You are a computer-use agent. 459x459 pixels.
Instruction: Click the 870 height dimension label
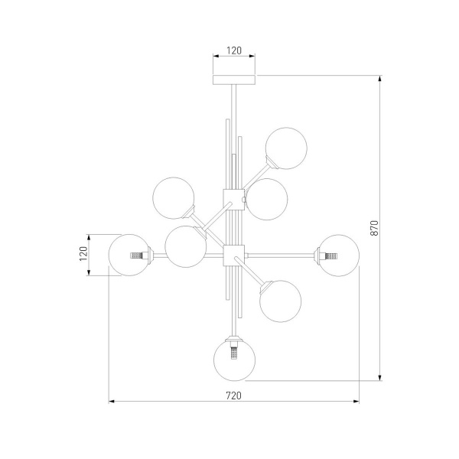point(374,228)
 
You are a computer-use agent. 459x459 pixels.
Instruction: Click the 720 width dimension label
point(234,396)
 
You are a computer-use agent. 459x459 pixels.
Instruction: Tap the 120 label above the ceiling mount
point(234,50)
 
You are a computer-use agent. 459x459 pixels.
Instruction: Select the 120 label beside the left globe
point(83,254)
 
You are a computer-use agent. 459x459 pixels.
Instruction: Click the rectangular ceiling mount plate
point(234,80)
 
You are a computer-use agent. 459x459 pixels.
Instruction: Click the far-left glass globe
point(129,255)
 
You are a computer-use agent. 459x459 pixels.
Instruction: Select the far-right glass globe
point(339,256)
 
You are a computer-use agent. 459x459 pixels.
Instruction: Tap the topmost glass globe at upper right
point(286,148)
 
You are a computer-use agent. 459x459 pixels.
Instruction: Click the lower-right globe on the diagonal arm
point(281,301)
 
